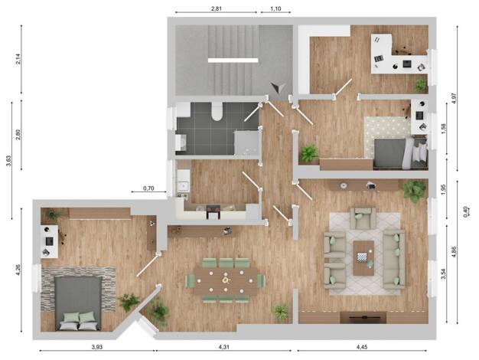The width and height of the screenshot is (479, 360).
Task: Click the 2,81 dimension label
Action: (217, 8)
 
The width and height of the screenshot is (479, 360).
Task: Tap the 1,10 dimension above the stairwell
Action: (275, 8)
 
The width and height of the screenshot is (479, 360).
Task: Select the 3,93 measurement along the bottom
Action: (97, 347)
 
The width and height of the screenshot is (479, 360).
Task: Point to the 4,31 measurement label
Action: (224, 347)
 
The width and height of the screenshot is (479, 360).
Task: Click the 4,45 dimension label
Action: (362, 347)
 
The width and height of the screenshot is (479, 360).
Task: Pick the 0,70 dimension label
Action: (148, 188)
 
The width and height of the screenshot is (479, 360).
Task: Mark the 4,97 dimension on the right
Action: (454, 98)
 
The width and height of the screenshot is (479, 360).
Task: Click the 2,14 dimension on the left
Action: (18, 59)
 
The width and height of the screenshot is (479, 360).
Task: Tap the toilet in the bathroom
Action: (217, 111)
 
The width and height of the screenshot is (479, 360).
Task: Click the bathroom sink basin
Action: (181, 142)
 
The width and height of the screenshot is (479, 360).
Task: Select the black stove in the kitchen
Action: (213, 212)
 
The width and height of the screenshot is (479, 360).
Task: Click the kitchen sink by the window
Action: (184, 185)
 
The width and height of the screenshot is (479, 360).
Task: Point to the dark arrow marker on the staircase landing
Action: (279, 88)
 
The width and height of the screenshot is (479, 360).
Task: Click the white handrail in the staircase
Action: (233, 61)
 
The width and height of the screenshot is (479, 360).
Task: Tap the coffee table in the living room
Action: (363, 258)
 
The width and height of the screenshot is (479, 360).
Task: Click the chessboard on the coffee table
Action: (361, 257)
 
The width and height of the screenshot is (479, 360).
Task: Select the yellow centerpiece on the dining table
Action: (226, 280)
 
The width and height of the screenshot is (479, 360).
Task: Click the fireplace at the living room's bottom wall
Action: (363, 317)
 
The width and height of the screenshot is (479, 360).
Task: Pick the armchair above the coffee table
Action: (363, 218)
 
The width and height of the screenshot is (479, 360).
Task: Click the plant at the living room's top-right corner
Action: (414, 191)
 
